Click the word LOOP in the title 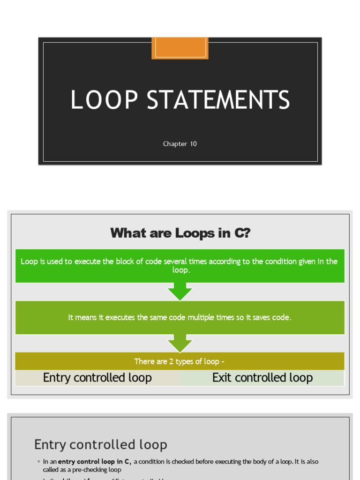point(104,100)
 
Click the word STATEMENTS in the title point(218,100)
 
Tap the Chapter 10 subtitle point(180,144)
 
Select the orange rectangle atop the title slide point(180,48)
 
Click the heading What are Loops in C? point(180,233)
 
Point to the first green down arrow point(180,292)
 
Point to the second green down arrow point(180,343)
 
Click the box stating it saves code point(180,317)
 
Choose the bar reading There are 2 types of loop point(180,361)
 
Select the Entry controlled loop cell point(97,378)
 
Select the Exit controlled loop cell point(262,378)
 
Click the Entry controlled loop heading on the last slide point(101,444)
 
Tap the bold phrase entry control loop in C point(94,462)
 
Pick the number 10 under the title point(193,144)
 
